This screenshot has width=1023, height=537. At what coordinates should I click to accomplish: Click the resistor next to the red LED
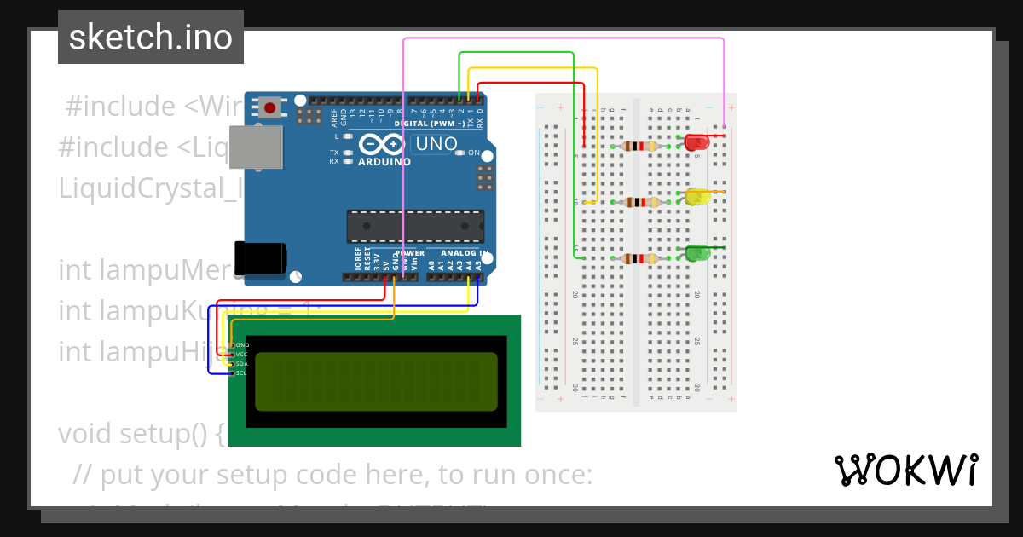pos(640,146)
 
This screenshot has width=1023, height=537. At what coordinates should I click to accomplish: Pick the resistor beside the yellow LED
pos(640,202)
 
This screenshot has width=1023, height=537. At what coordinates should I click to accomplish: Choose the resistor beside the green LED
pos(640,258)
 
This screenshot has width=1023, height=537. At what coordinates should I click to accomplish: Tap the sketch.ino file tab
pos(151,38)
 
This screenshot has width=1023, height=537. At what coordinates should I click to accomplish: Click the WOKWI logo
pos(905,471)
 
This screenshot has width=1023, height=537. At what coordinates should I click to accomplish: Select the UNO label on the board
pos(436,144)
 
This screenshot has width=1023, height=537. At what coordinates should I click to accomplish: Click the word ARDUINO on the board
pos(384,161)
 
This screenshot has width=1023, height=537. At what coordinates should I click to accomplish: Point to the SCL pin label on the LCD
pos(241,373)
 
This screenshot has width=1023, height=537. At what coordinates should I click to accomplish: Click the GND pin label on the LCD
pos(241,344)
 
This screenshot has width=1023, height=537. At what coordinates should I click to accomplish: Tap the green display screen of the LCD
pos(375,380)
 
